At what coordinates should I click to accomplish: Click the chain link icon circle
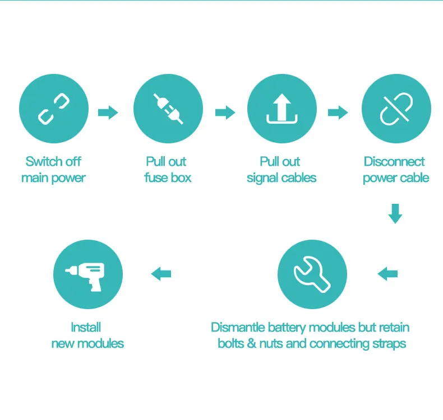click(x=54, y=109)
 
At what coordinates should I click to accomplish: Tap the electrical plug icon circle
click(x=168, y=109)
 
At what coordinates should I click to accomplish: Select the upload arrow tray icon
click(x=282, y=109)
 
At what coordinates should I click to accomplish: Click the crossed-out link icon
click(x=396, y=109)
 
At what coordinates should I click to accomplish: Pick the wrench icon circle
click(x=312, y=274)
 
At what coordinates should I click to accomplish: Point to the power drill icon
click(x=87, y=274)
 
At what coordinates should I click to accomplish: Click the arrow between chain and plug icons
click(x=108, y=113)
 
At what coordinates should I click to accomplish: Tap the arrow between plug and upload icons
click(x=225, y=113)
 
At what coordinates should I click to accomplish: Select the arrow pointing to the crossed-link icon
click(x=338, y=113)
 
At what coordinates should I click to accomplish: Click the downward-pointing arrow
click(x=395, y=214)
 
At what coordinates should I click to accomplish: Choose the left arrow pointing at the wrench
click(x=387, y=274)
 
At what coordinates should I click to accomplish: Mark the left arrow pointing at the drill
click(x=161, y=274)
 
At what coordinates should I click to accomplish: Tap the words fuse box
click(x=168, y=178)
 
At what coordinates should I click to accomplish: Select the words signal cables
click(x=282, y=178)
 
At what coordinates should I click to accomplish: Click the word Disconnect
click(x=394, y=162)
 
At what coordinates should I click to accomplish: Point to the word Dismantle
click(x=238, y=327)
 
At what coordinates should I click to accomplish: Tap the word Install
click(x=86, y=327)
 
